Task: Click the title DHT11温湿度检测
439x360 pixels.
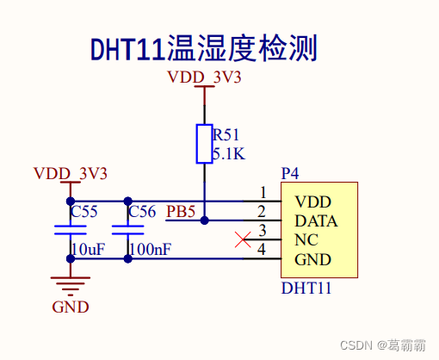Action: click(x=203, y=49)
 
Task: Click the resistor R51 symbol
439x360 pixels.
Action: click(x=204, y=144)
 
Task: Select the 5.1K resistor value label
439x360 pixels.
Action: click(x=228, y=155)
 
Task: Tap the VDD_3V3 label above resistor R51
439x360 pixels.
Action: click(x=204, y=78)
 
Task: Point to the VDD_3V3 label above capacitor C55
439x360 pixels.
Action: click(x=70, y=173)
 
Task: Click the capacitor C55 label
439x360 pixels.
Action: click(x=83, y=211)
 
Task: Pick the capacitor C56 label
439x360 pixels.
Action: click(x=141, y=211)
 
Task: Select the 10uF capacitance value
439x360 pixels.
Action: click(x=87, y=250)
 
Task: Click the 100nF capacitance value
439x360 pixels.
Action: click(x=149, y=250)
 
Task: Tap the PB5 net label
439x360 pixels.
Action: click(x=181, y=211)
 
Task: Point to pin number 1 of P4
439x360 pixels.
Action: click(x=263, y=193)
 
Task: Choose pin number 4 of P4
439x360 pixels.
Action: click(x=263, y=251)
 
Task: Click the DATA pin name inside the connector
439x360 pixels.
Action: click(x=315, y=220)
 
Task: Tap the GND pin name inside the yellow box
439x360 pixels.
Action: click(x=312, y=259)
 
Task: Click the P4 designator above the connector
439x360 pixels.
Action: click(x=290, y=174)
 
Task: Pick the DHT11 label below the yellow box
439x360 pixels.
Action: click(x=306, y=288)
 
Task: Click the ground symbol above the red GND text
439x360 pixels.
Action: click(x=70, y=282)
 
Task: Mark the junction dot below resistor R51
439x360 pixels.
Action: click(x=204, y=220)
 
